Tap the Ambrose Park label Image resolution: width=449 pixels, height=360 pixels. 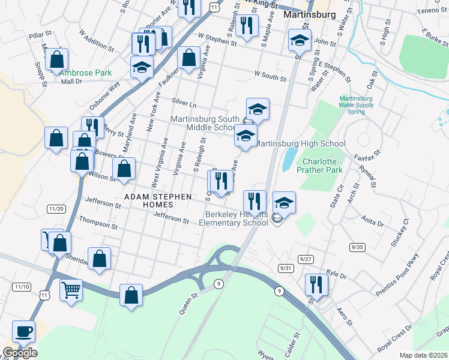pyautogui.click(x=86, y=73)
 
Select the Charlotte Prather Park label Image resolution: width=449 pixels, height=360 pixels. pyautogui.click(x=322, y=166)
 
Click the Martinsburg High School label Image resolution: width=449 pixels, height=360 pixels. pyautogui.click(x=300, y=143)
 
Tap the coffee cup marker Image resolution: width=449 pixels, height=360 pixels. pyautogui.click(x=24, y=332)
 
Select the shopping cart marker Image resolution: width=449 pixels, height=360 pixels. pyautogui.click(x=71, y=291)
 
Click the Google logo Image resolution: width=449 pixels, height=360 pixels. pyautogui.click(x=20, y=353)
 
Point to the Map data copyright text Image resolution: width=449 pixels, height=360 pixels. pyautogui.click(x=424, y=355)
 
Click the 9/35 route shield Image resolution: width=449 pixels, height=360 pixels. pyautogui.click(x=357, y=247)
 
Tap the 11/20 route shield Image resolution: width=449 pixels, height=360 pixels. pyautogui.click(x=56, y=208)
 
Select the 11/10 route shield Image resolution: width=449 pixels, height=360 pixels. pyautogui.click(x=21, y=287)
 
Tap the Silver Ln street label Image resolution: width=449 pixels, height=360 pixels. pyautogui.click(x=184, y=103)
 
